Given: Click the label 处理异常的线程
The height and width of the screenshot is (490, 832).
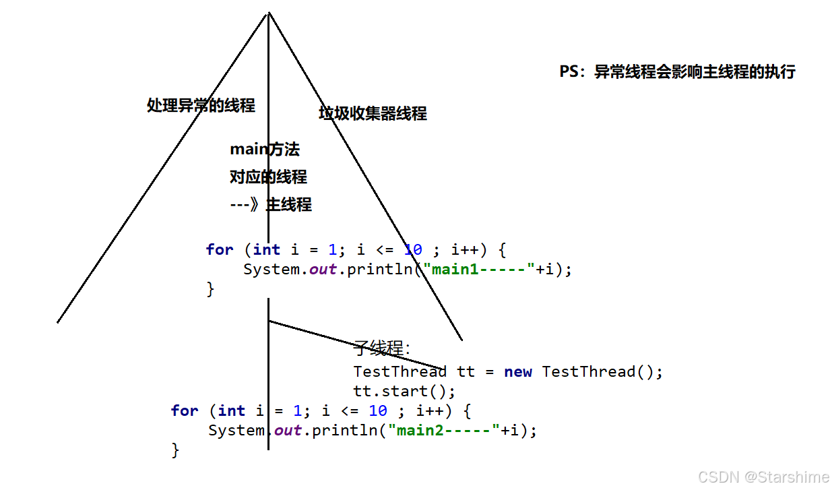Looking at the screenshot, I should (201, 105).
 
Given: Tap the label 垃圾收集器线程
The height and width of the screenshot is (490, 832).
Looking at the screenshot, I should (373, 113).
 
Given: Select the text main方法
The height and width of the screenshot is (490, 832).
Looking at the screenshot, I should (265, 149).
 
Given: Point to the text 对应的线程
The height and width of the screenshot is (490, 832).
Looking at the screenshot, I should (268, 177).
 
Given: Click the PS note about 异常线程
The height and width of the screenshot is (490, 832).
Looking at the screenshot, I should (677, 71).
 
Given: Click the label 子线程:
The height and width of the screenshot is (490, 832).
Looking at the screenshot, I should (381, 348).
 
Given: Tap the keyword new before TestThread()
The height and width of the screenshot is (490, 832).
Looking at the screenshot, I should (517, 371).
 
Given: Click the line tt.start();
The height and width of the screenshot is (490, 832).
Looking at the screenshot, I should (404, 391).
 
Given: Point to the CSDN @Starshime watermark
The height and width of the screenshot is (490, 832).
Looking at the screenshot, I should (763, 477).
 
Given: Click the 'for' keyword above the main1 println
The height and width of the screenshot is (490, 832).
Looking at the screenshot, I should (220, 250).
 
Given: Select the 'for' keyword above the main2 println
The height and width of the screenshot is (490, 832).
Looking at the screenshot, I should (185, 411).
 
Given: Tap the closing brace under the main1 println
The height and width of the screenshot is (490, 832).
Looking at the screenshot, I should (210, 289).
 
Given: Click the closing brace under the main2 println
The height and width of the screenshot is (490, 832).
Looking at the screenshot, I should (175, 450).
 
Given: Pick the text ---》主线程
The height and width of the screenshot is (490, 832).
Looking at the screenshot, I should (271, 204).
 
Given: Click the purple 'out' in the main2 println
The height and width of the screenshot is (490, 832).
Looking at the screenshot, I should (288, 431).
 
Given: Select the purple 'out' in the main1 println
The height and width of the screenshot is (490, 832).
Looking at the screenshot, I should (323, 270).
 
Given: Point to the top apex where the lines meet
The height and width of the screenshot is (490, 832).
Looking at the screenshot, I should (269, 13).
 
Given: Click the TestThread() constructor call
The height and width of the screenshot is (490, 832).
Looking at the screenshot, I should (602, 371).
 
